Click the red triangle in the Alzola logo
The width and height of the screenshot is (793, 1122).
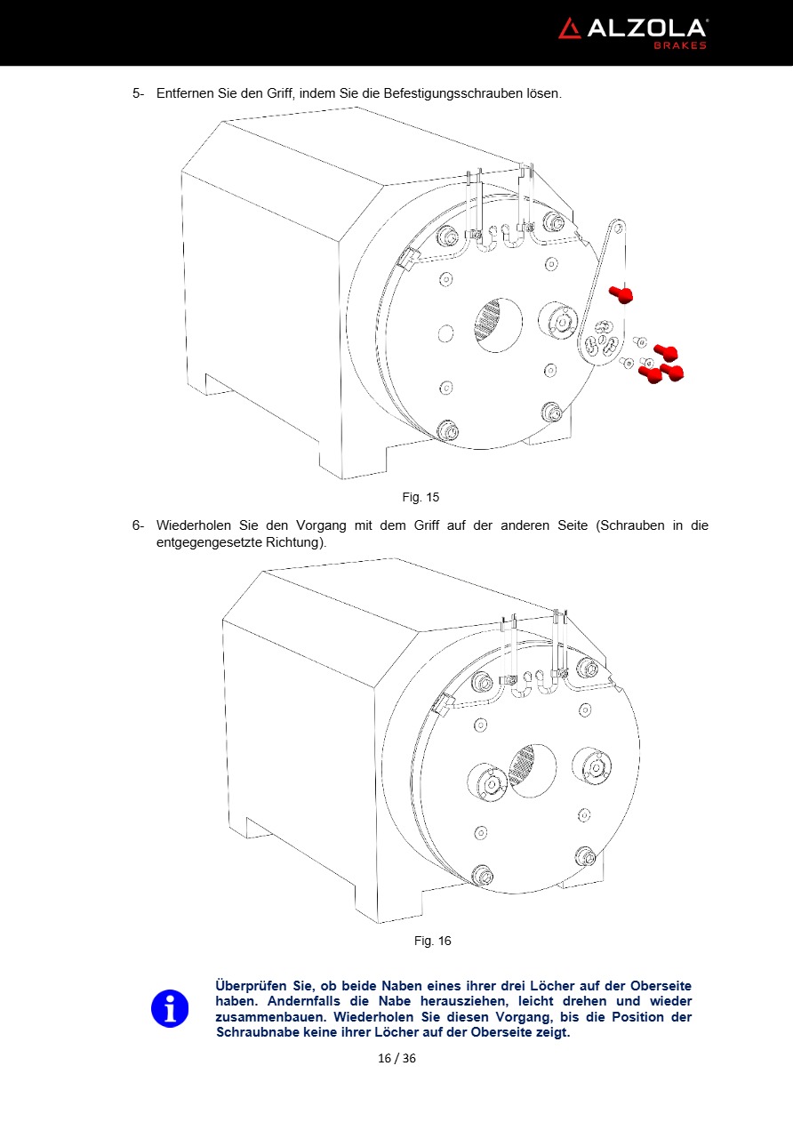[570, 29]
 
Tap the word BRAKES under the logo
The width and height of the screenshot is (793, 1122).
[680, 45]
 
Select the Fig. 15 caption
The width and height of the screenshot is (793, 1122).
[421, 497]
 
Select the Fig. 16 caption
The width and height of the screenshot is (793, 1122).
[432, 941]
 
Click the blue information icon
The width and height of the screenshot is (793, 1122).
[170, 1008]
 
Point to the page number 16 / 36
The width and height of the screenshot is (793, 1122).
[396, 1058]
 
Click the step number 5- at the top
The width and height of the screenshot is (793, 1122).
[138, 93]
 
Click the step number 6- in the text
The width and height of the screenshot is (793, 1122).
[138, 525]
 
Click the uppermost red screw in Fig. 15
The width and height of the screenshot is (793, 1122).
[621, 294]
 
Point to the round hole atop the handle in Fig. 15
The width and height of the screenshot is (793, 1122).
[618, 228]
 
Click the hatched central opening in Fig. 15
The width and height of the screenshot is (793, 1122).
[498, 325]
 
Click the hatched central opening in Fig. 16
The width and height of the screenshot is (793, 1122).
[532, 770]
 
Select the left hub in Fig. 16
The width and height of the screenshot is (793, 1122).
[487, 782]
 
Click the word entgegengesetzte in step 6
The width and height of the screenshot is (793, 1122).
[210, 542]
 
